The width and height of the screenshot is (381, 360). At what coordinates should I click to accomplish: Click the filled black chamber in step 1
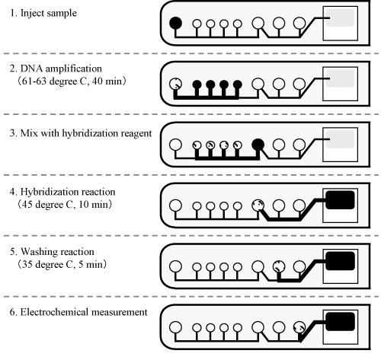pos(175,23)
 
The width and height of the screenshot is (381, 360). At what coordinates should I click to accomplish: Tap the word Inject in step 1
pos(31,13)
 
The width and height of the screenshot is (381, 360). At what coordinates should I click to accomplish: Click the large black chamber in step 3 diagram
pos(258,145)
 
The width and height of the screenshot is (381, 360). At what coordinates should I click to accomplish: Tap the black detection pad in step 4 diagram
pos(340,200)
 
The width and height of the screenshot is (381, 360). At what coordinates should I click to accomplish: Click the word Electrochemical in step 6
pos(55,312)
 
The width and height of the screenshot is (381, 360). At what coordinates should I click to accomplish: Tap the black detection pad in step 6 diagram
pos(340,321)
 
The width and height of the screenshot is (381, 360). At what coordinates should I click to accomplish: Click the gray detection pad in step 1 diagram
pos(340,18)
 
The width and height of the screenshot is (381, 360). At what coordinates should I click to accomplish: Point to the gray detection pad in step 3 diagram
pos(340,139)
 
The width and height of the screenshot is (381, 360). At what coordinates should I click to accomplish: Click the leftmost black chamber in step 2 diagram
pos(197,84)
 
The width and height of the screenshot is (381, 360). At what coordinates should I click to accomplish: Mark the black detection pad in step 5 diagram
pos(340,261)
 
